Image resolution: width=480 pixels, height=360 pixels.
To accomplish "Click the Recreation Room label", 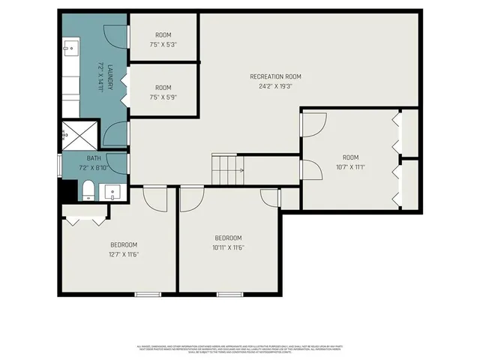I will (x=275, y=76).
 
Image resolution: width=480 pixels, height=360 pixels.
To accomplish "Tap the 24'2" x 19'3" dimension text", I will (x=275, y=85).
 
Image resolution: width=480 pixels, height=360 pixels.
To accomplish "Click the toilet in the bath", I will (x=88, y=189).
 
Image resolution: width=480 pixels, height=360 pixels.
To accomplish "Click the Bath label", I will (x=93, y=158).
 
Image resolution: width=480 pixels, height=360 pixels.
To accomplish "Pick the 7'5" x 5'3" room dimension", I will (x=163, y=44).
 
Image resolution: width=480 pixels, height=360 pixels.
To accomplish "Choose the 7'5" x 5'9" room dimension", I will (x=163, y=97).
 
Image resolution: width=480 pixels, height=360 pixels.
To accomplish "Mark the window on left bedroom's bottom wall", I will (x=148, y=293).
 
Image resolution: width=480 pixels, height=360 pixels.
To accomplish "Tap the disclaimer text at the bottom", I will (x=239, y=350).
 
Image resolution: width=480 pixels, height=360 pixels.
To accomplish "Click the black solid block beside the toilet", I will (x=68, y=190).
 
